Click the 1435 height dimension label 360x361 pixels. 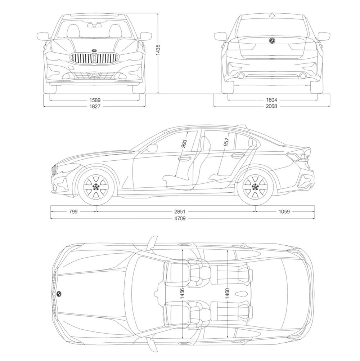158,49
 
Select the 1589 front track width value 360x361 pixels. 95,100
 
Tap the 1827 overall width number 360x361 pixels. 95,106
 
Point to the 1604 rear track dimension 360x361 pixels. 272,100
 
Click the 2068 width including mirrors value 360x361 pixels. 272,106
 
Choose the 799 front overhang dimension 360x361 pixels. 73,211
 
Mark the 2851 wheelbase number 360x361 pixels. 180,211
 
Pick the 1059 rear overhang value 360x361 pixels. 284,211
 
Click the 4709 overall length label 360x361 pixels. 180,218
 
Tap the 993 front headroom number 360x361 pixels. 184,143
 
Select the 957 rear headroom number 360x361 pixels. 226,142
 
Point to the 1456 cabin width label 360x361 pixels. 182,294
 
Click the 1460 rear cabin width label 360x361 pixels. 227,294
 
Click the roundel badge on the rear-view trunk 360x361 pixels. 272,40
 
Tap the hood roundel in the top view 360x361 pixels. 59,294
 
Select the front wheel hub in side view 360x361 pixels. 95,187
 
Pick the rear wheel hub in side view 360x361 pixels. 255,187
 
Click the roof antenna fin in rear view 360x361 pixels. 273,15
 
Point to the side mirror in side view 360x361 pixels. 152,148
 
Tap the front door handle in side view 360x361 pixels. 184,159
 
